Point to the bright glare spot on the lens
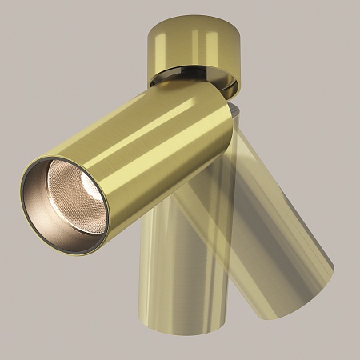(x=62, y=175)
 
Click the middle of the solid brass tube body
(x=144, y=152)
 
